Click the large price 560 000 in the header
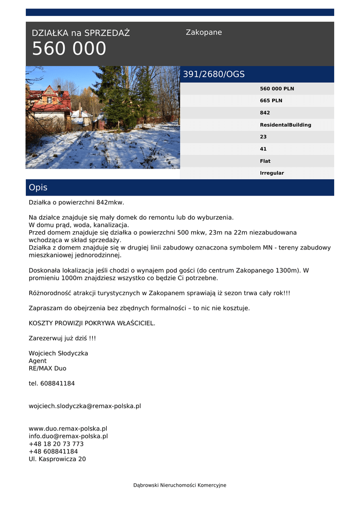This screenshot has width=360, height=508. coord(69,49)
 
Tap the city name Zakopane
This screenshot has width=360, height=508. coord(204,33)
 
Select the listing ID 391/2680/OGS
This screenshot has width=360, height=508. coord(214,74)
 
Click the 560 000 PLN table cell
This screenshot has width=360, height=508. coord(277,89)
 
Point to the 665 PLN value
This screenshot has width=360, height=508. coord(271,101)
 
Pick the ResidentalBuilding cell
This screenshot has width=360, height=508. coord(286,125)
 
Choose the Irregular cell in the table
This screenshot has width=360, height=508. coord(272,173)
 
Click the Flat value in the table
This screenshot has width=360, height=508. coord(265,161)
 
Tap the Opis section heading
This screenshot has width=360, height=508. coord(38,188)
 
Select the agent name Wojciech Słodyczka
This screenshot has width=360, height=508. coord(58,353)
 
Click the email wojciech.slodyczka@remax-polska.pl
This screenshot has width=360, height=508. coord(85,406)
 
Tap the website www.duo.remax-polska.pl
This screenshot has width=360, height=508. coord(68,429)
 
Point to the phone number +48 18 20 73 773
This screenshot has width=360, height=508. coord(56,444)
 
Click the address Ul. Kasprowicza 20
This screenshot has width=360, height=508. coord(57,459)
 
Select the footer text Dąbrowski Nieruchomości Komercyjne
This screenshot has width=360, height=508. coord(180,485)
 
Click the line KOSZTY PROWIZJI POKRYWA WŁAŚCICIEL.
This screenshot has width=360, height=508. coord(92,323)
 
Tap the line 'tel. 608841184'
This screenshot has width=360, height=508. coord(52,383)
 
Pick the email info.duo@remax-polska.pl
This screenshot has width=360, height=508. coord(68,437)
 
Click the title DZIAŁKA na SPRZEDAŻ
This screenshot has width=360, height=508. coord(80,33)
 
